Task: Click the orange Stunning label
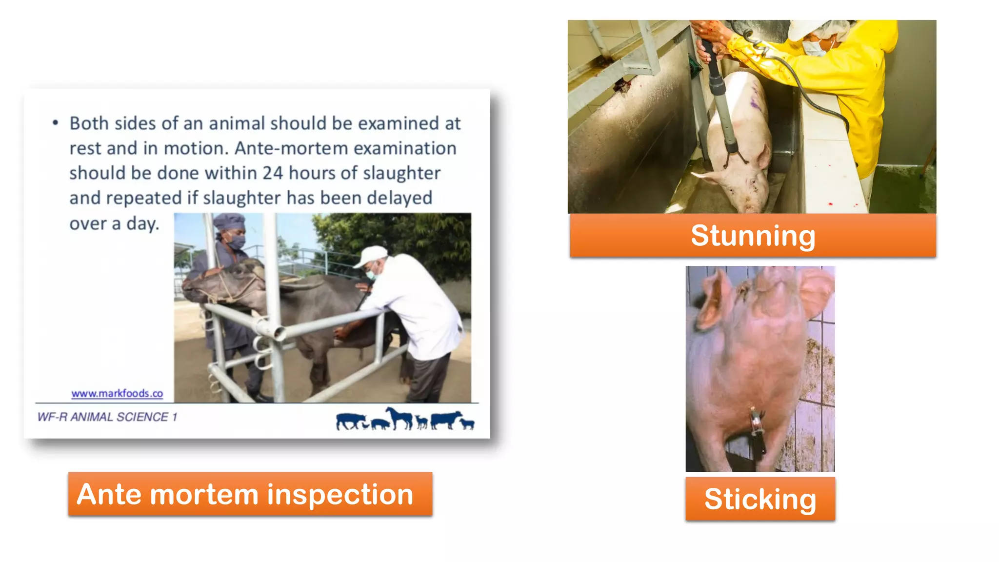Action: [753, 236]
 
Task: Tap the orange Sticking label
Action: [760, 499]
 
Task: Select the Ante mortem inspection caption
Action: [250, 494]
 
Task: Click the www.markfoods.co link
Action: [117, 393]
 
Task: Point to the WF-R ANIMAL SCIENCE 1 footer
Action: [107, 417]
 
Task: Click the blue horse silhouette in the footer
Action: [400, 418]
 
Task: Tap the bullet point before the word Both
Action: [56, 123]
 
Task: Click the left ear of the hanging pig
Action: [712, 302]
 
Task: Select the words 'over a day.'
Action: [114, 223]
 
